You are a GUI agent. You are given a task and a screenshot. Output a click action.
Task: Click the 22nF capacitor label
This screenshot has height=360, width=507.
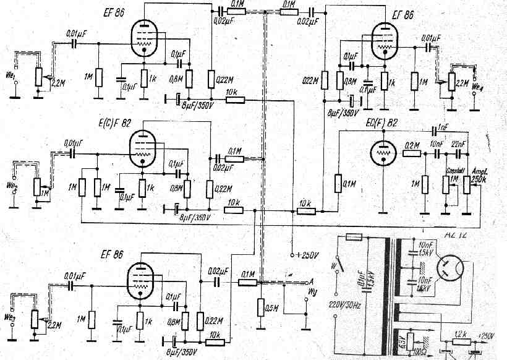point(459,144)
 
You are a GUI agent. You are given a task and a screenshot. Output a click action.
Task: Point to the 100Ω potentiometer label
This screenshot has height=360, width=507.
point(427,351)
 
